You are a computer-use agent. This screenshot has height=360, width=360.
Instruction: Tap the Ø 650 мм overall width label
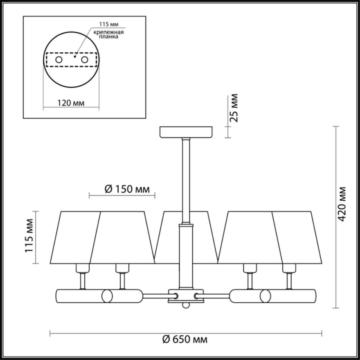(185, 339)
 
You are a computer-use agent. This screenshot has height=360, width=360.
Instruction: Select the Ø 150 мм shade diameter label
(127, 189)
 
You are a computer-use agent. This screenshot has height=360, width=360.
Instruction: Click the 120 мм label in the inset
(71, 103)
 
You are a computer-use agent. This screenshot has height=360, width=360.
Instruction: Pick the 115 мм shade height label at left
(30, 236)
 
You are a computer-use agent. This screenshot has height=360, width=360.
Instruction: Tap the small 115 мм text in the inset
(108, 24)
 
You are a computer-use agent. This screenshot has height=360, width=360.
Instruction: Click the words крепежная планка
(109, 34)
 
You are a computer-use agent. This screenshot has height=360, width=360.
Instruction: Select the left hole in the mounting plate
(59, 60)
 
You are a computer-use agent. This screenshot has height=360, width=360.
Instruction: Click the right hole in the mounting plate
(84, 60)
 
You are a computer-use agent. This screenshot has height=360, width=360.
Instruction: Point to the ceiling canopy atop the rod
(186, 132)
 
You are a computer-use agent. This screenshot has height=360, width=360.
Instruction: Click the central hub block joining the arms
(185, 296)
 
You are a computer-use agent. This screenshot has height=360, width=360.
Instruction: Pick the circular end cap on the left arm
(107, 296)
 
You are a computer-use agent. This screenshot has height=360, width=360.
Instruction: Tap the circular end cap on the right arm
(265, 296)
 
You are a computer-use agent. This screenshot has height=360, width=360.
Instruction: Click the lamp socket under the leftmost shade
(83, 269)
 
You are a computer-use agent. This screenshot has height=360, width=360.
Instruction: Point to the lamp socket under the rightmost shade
(289, 269)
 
